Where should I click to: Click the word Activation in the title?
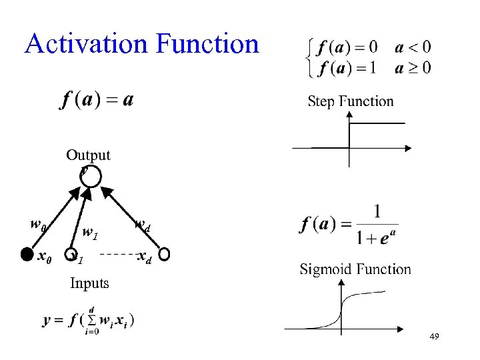pos(85,44)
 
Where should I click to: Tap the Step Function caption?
pos(351,101)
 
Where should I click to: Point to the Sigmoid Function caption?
pos(355,269)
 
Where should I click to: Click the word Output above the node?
pos(88,155)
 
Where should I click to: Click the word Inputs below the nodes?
pos(89,283)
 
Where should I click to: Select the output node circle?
pos(91,177)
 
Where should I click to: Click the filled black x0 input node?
pos(25,254)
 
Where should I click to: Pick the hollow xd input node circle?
pos(164,254)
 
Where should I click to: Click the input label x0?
pos(45,255)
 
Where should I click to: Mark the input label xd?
pos(143,257)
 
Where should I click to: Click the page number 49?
pos(434,338)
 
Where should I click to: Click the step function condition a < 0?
pos(413,47)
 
